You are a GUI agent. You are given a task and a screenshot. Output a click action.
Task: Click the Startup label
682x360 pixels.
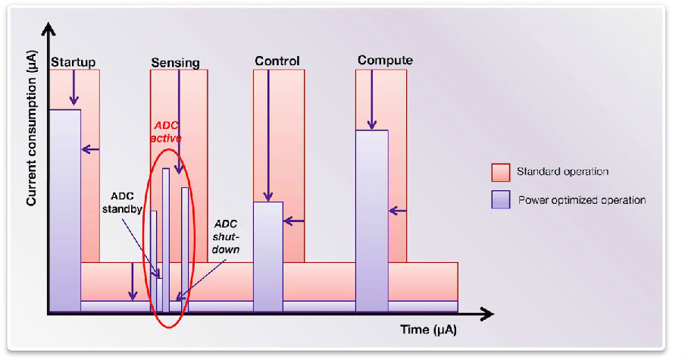[x=73, y=62]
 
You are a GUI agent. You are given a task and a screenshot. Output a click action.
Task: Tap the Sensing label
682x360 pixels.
[x=175, y=63]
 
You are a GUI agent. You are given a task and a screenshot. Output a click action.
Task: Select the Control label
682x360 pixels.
[x=277, y=61]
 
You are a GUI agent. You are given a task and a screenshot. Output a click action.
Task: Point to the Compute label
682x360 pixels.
[x=385, y=60]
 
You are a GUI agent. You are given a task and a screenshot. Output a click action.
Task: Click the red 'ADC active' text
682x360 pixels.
[x=166, y=132]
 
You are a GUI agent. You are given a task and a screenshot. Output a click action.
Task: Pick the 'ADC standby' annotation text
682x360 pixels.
[x=122, y=202]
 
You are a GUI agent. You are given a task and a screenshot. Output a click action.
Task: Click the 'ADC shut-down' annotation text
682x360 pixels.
[x=226, y=237]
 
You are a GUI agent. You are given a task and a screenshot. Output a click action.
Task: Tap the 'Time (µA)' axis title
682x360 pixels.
[x=428, y=330]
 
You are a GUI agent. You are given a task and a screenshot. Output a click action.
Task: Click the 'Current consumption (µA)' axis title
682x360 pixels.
[x=31, y=128]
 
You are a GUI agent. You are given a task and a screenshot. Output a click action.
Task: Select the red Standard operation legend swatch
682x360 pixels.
[x=501, y=173]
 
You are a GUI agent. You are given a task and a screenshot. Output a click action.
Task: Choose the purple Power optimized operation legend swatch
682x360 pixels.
[x=501, y=199]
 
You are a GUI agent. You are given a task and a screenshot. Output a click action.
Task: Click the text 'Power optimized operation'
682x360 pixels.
[x=581, y=200]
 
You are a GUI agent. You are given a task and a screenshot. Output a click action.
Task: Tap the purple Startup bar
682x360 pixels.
[x=65, y=211]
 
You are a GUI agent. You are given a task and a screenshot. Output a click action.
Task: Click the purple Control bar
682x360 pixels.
[x=268, y=256]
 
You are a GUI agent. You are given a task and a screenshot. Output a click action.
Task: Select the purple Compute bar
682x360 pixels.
[x=372, y=221]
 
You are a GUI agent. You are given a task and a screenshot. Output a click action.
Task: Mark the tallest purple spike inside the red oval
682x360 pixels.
[x=166, y=240]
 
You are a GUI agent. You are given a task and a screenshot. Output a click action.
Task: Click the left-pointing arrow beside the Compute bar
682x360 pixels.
[x=398, y=211]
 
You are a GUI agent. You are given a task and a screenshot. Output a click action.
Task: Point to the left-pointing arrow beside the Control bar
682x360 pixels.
[x=294, y=221]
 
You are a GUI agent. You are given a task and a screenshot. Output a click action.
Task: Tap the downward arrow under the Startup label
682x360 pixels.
[x=74, y=87]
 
